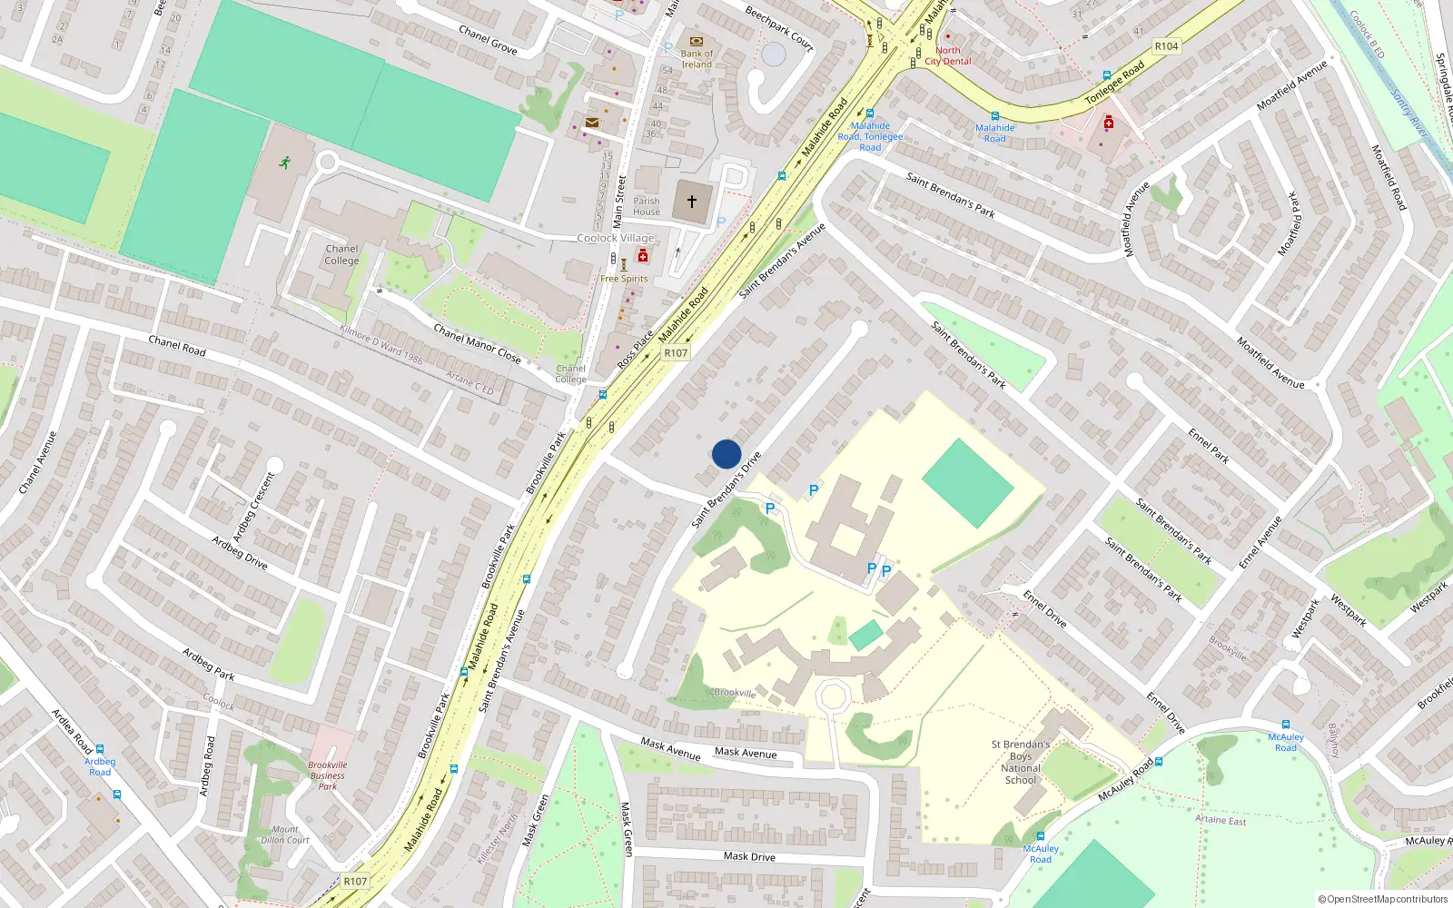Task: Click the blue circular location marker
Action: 726,454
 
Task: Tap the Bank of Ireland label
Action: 697,59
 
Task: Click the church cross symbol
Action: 692,202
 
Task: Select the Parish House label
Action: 647,207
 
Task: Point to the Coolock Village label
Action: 616,238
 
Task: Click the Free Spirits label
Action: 624,279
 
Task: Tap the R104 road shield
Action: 1166,46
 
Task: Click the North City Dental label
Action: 948,56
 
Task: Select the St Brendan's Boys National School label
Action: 1021,762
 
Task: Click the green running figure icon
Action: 285,163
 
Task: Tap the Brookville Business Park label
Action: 328,775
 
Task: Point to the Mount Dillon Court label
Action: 285,834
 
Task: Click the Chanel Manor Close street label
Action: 477,344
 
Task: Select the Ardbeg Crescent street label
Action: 253,507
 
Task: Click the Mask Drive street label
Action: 749,856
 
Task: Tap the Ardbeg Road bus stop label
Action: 100,766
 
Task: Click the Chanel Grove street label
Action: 488,40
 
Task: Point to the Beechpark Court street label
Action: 779,28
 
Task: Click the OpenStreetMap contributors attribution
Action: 1383,899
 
